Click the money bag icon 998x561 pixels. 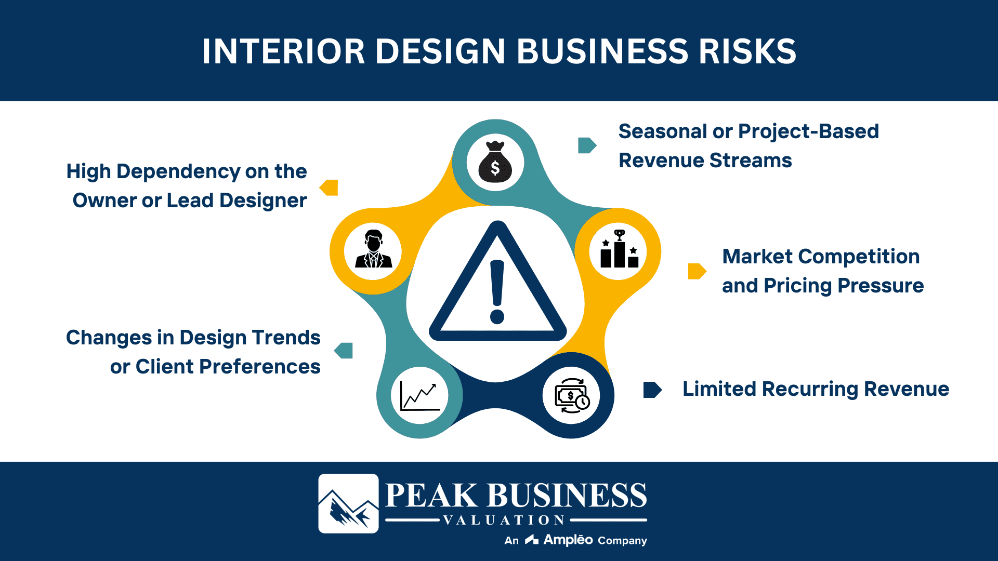495,162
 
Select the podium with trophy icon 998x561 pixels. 619,250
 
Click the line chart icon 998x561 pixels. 419,396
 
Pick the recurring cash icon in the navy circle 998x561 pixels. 571,396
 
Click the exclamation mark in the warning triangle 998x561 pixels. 497,291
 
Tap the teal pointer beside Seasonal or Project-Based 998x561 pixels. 587,145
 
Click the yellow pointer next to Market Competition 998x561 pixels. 697,271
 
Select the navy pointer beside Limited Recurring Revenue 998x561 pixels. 652,390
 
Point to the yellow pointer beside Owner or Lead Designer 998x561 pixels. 329,188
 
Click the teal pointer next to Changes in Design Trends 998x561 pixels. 344,351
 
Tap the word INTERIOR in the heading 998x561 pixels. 284,51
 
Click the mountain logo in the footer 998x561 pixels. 348,503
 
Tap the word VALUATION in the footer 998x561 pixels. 504,520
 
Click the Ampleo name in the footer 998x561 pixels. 568,540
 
